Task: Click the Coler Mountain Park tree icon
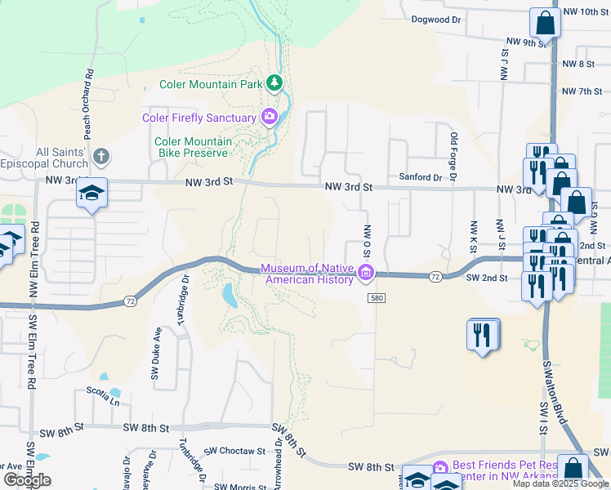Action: pos(275,83)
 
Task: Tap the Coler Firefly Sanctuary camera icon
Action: pos(269,118)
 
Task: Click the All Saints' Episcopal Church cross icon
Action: pos(100,155)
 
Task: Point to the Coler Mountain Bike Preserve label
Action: pos(194,147)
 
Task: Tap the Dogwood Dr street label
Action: pos(436,19)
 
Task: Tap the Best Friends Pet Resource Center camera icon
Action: pos(440,468)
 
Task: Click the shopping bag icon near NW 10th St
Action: pos(545,22)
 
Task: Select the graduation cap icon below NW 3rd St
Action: pos(91,194)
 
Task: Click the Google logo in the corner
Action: pos(27,480)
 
